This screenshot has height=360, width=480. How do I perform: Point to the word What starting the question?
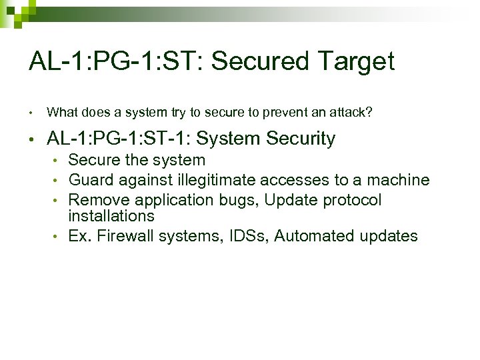click(x=61, y=112)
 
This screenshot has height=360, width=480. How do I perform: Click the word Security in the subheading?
click(x=301, y=139)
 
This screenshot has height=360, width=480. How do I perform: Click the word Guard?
click(x=88, y=180)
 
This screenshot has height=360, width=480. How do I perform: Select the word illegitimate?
click(x=217, y=180)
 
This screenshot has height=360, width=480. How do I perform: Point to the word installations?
click(x=111, y=216)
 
